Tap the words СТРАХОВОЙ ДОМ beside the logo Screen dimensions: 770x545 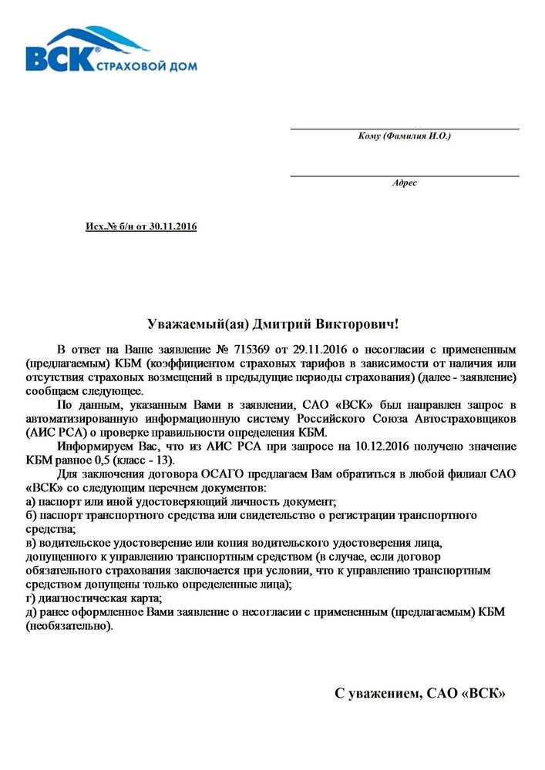[146, 67]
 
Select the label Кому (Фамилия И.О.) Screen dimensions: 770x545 [404, 136]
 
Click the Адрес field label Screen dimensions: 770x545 [404, 183]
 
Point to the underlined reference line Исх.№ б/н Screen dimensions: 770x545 [141, 226]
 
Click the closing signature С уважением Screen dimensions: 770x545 [377, 695]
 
